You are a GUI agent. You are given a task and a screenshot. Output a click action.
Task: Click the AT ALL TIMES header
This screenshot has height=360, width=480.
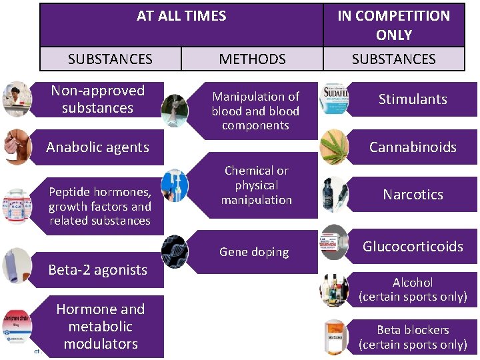point(181,16)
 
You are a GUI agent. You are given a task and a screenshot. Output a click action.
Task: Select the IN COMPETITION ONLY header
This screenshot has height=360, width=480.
point(393,25)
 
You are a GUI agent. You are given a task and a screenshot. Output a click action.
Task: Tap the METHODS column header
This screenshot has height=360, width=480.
point(252,59)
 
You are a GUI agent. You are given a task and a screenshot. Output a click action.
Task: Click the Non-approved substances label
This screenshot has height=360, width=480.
point(97,99)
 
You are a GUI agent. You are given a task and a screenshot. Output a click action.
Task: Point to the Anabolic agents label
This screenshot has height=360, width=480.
point(97,147)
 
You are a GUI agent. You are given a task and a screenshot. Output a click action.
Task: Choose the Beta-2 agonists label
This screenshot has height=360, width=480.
point(97,270)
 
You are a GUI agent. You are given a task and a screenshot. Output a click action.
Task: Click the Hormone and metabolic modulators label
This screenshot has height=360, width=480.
point(100,327)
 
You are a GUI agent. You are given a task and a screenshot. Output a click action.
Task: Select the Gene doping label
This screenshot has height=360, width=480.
point(254,252)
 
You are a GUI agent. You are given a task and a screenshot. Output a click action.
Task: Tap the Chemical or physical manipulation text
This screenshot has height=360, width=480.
point(257,185)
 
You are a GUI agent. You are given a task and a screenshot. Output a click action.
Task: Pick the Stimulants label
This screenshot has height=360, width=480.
point(413,99)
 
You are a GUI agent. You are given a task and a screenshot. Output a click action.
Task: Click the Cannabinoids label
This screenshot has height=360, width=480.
point(413,147)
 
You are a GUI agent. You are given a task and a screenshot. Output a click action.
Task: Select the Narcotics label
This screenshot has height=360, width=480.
point(413,195)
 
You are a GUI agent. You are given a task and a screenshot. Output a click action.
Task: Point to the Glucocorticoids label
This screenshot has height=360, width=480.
point(413,247)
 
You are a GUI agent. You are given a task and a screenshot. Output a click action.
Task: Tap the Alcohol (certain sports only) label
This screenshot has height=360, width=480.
point(413,289)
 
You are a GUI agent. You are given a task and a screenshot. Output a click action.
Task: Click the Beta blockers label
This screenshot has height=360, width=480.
point(413,337)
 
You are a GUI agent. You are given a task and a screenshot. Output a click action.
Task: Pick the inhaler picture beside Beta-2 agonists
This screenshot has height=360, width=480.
point(17,265)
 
